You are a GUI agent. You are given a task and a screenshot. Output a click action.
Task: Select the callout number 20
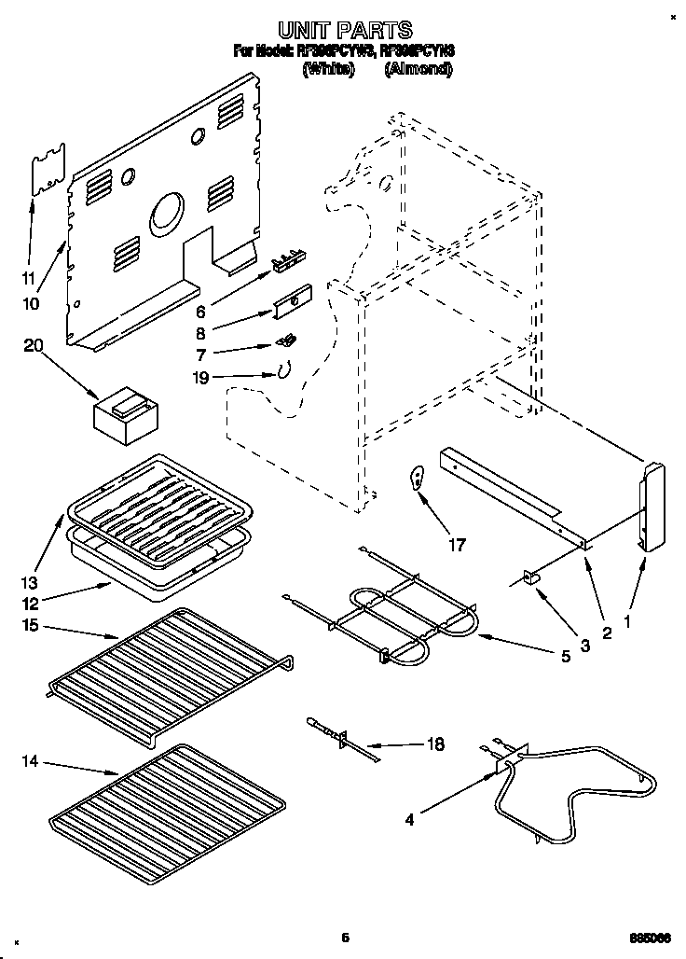(34, 346)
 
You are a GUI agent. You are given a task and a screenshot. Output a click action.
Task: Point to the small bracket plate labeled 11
(48, 168)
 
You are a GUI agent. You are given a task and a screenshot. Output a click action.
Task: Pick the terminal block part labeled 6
(288, 259)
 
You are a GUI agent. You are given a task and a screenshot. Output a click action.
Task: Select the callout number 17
(456, 545)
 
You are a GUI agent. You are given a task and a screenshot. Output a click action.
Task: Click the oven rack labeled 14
(168, 803)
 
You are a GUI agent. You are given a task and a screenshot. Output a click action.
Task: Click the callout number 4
(409, 821)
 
